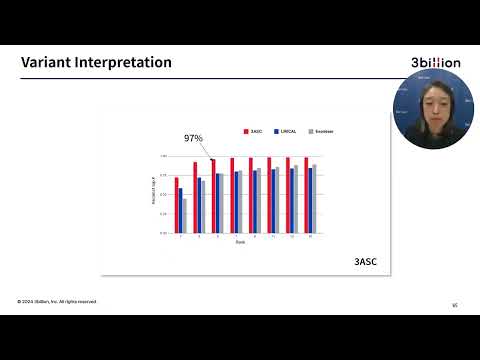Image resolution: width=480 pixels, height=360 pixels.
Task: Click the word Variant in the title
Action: click(x=44, y=63)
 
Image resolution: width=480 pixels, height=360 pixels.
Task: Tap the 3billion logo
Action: click(x=435, y=63)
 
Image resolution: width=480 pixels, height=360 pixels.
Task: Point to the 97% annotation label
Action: click(x=193, y=138)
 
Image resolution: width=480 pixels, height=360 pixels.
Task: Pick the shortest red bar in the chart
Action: click(x=177, y=205)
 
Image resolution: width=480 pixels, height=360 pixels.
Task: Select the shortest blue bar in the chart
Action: click(x=181, y=210)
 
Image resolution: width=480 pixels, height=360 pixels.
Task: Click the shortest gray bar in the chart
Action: click(x=185, y=215)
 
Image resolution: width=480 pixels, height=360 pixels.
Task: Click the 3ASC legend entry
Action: click(x=254, y=130)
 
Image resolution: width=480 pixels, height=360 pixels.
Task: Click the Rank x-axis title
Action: click(x=240, y=243)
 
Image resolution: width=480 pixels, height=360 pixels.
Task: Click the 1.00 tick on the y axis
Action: click(x=163, y=157)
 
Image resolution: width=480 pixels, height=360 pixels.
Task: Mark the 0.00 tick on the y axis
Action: click(x=163, y=233)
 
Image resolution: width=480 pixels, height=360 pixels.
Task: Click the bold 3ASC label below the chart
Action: click(x=366, y=262)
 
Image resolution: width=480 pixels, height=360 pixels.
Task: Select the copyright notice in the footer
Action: click(x=56, y=301)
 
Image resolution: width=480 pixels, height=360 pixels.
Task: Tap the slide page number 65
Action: click(x=455, y=305)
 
